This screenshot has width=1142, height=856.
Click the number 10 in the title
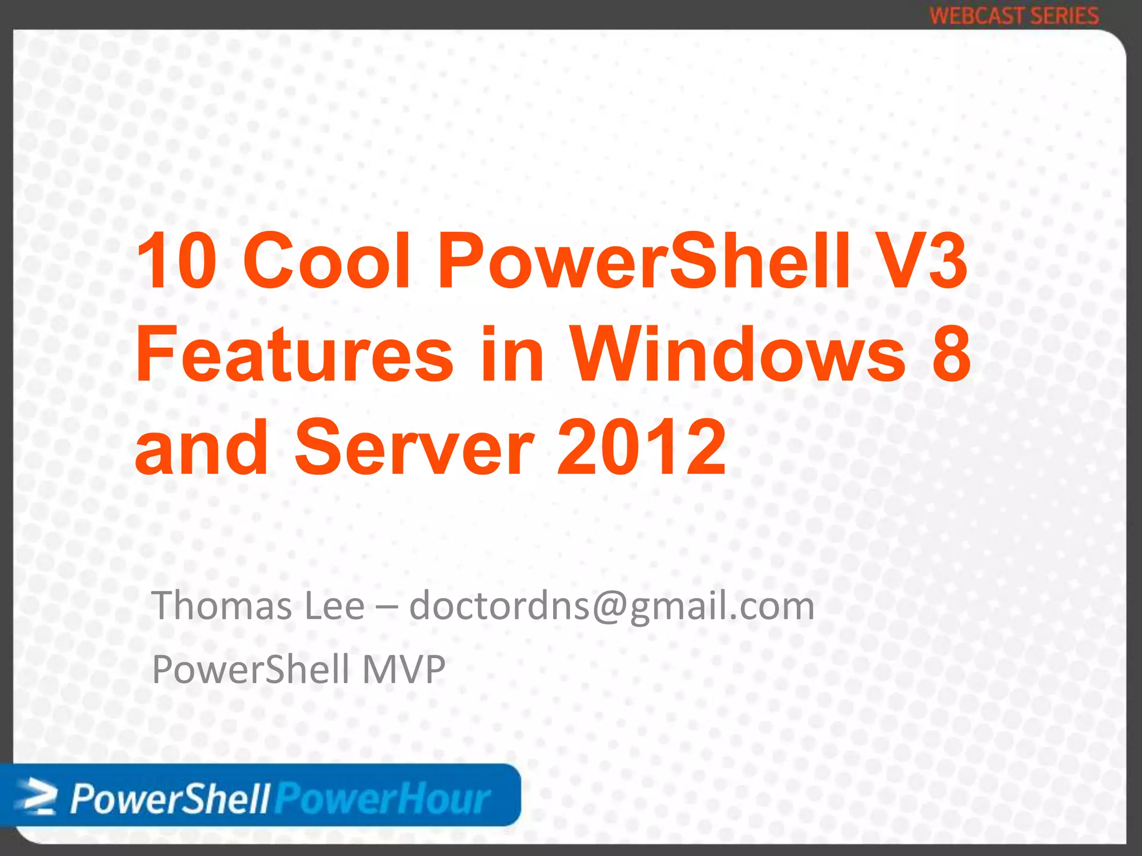(x=176, y=261)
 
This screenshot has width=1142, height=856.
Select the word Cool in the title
(x=327, y=261)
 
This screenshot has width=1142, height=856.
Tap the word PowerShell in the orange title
(x=645, y=261)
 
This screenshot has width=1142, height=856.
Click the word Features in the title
(x=294, y=355)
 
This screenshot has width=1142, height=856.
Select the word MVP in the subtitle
(x=404, y=669)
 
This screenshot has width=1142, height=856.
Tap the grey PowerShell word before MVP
(x=250, y=669)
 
